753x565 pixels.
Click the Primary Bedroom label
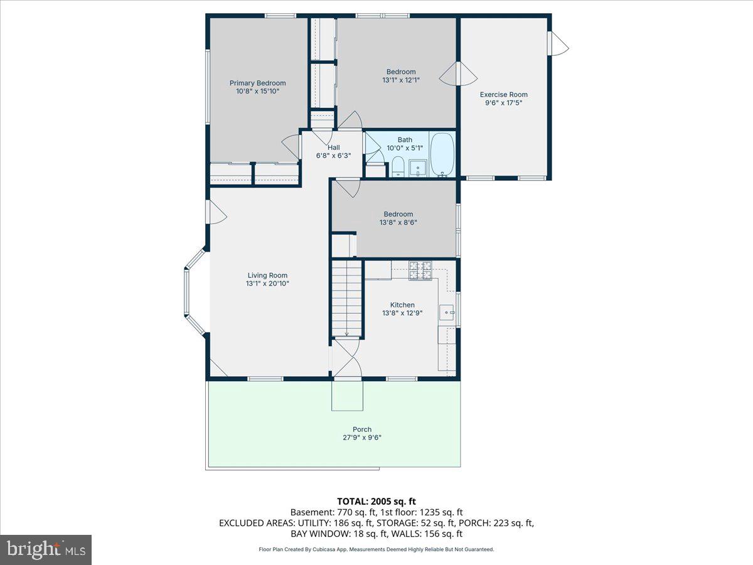pyautogui.click(x=257, y=83)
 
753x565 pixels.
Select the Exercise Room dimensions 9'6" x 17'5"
pyautogui.click(x=504, y=102)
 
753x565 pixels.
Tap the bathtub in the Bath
pyautogui.click(x=442, y=154)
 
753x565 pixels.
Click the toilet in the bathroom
pyautogui.click(x=397, y=168)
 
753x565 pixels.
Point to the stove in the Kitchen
pyautogui.click(x=420, y=271)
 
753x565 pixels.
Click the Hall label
pyautogui.click(x=333, y=148)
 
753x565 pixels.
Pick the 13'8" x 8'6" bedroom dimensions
pyautogui.click(x=398, y=222)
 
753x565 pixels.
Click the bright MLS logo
pyautogui.click(x=46, y=549)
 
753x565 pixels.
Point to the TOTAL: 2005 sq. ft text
pyautogui.click(x=376, y=501)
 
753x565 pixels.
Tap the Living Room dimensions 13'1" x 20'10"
pyautogui.click(x=267, y=284)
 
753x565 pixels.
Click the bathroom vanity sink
pyautogui.click(x=418, y=168)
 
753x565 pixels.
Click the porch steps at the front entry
pyautogui.click(x=347, y=395)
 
